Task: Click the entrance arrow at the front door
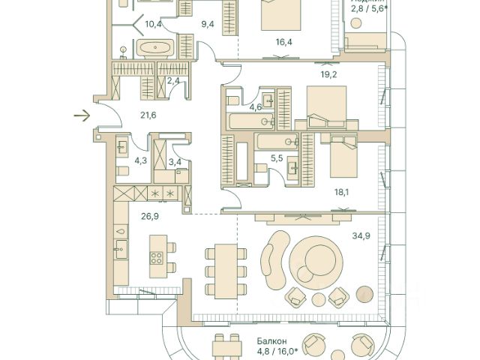pyautogui.click(x=82, y=115)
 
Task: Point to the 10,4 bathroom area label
pyautogui.click(x=154, y=24)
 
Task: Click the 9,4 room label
pyautogui.click(x=208, y=24)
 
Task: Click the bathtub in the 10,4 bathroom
pyautogui.click(x=157, y=49)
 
